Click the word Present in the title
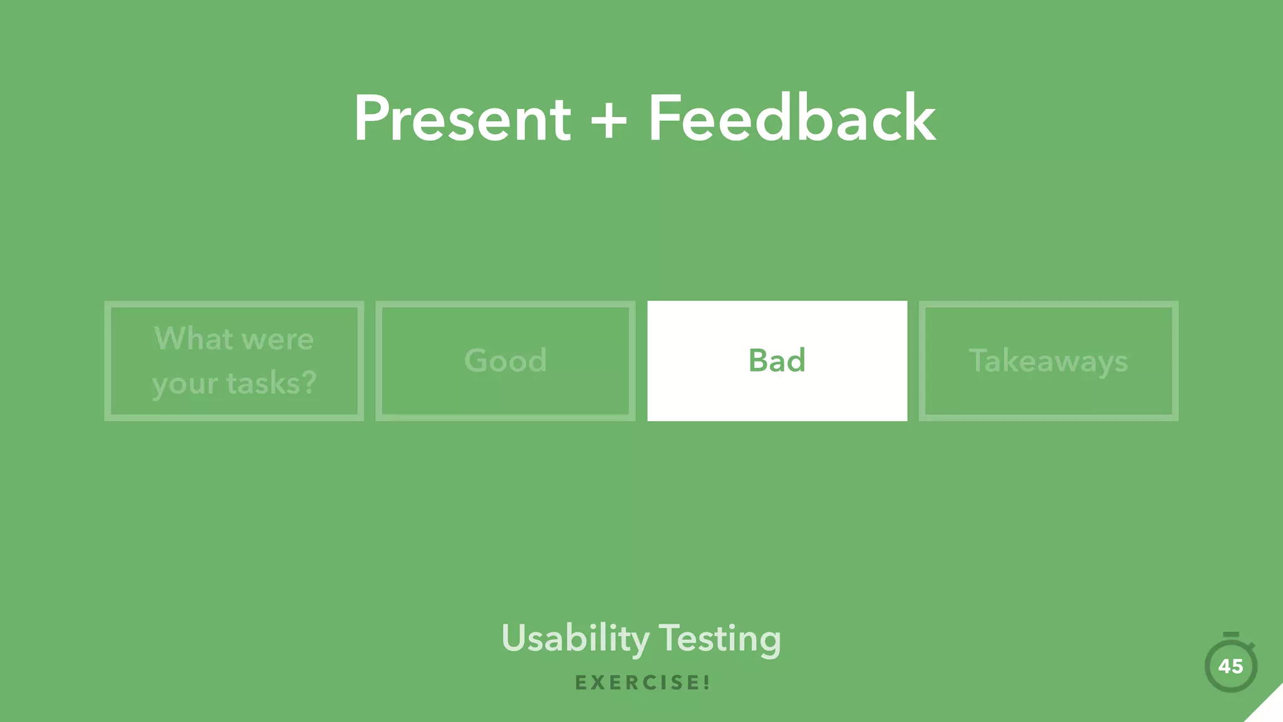coord(462,119)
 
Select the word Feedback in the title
coord(792,119)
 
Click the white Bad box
coord(777,361)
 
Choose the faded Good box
coord(505,361)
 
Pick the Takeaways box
coord(1048,361)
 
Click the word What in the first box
coord(194,339)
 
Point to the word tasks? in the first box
coord(271,383)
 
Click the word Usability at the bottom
coord(575,639)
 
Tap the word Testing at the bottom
coord(720,639)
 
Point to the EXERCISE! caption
coord(642,683)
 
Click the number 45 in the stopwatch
coord(1230,666)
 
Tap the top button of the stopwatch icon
coord(1231,635)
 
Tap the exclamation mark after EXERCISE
coord(706,683)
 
